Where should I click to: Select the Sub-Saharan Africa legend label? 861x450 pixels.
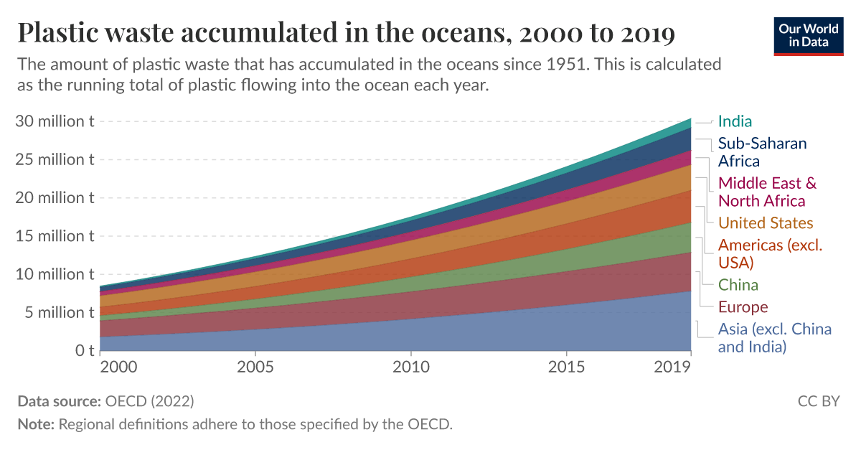pyautogui.click(x=762, y=152)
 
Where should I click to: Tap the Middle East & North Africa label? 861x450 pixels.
pyautogui.click(x=767, y=192)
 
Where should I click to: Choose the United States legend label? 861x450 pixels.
pyautogui.click(x=766, y=222)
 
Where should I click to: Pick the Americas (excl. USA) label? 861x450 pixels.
pyautogui.click(x=770, y=253)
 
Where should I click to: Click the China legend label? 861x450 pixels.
pyautogui.click(x=738, y=285)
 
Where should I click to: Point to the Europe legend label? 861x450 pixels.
pyautogui.click(x=743, y=307)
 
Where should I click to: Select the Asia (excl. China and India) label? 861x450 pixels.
pyautogui.click(x=774, y=338)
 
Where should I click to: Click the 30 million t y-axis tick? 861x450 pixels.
pyautogui.click(x=55, y=121)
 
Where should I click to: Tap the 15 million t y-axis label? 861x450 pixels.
pyautogui.click(x=55, y=235)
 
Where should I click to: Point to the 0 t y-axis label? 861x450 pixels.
pyautogui.click(x=85, y=351)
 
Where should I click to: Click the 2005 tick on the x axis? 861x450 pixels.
pyautogui.click(x=255, y=367)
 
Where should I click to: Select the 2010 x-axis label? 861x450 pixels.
pyautogui.click(x=410, y=367)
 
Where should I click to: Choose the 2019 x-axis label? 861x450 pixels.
pyautogui.click(x=672, y=367)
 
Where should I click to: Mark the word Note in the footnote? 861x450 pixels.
pyautogui.click(x=35, y=423)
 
